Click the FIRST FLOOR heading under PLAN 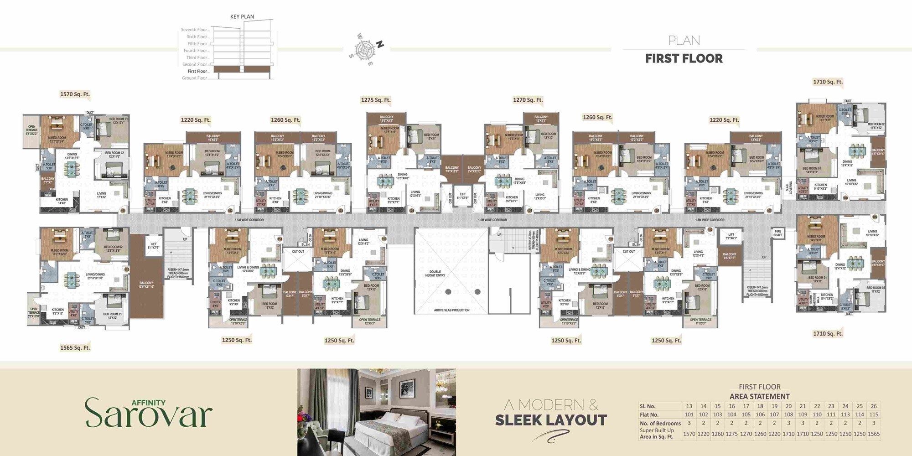pos(684,58)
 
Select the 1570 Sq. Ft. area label pos(75,94)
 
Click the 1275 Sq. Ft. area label pos(375,100)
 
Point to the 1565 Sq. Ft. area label pos(75,347)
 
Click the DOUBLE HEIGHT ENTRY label pos(435,274)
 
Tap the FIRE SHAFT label pos(777,233)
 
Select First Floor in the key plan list pos(197,71)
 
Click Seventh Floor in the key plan pos(194,30)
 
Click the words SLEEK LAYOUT pos(551,420)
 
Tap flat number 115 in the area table pos(873,415)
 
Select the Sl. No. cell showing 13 pos(689,406)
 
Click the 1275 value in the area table pos(731,434)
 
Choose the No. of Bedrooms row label pos(660,423)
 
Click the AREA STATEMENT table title pos(759,396)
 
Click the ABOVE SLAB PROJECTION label pos(451,310)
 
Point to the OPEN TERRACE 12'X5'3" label pos(369,321)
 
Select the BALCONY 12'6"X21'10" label pos(146,285)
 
